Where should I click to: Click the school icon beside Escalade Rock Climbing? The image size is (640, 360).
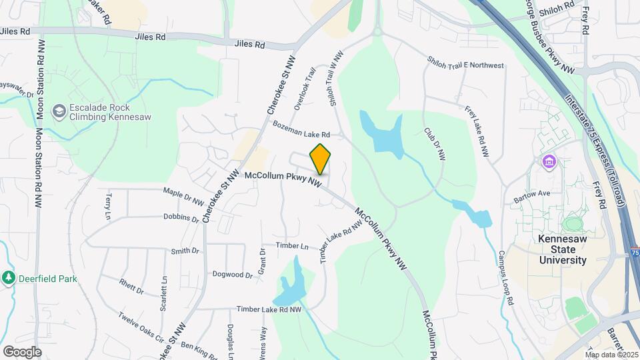(x=59, y=111)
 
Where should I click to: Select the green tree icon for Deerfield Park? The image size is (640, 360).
(x=8, y=277)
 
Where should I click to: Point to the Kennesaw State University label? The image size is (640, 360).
(x=563, y=249)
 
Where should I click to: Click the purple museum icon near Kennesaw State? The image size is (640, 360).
(x=549, y=161)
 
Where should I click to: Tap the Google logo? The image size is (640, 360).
(x=22, y=351)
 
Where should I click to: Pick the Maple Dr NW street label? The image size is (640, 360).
(x=185, y=196)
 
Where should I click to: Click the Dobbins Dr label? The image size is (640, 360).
(x=181, y=217)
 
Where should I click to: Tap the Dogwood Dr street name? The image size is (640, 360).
(x=232, y=274)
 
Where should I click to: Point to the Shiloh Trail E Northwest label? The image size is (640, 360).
(x=465, y=63)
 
